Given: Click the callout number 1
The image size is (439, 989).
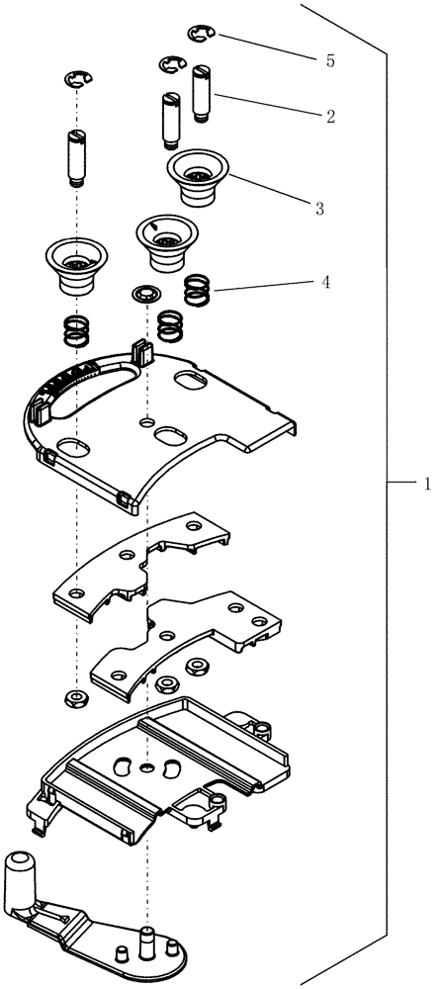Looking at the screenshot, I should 426,484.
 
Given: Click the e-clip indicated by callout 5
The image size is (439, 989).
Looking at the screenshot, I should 201,37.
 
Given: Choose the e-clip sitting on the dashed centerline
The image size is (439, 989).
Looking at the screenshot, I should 77,79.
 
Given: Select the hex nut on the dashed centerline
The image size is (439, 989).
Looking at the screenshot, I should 76,699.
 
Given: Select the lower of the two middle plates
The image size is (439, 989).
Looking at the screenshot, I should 188,643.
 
